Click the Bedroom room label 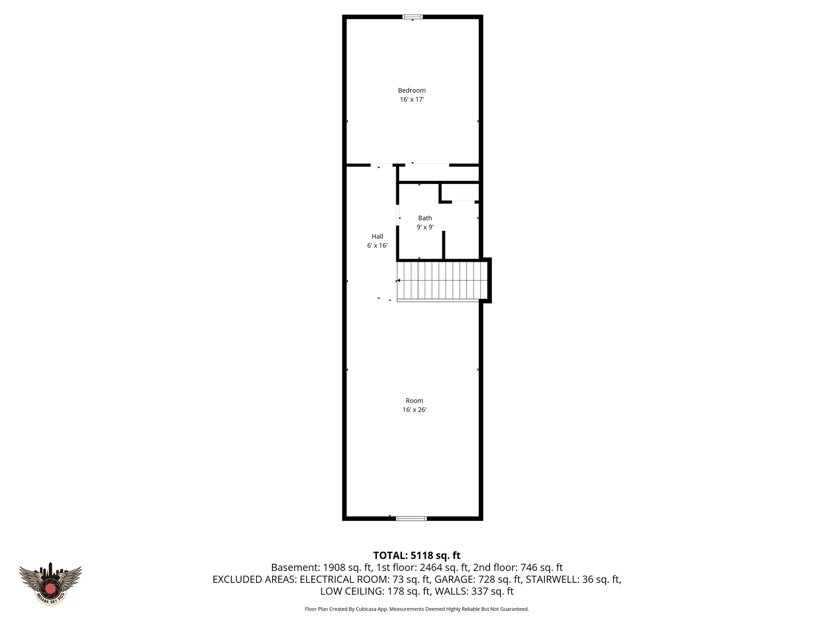412,90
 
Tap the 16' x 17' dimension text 412,99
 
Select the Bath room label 425,218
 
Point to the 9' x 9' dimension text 425,227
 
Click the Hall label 377,236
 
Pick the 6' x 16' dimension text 377,246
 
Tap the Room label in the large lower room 414,401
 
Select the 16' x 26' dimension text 414,410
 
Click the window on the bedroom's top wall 413,17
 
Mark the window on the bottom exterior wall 411,519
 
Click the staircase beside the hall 442,281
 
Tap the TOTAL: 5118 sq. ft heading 417,555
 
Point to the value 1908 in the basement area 333,568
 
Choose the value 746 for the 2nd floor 529,568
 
